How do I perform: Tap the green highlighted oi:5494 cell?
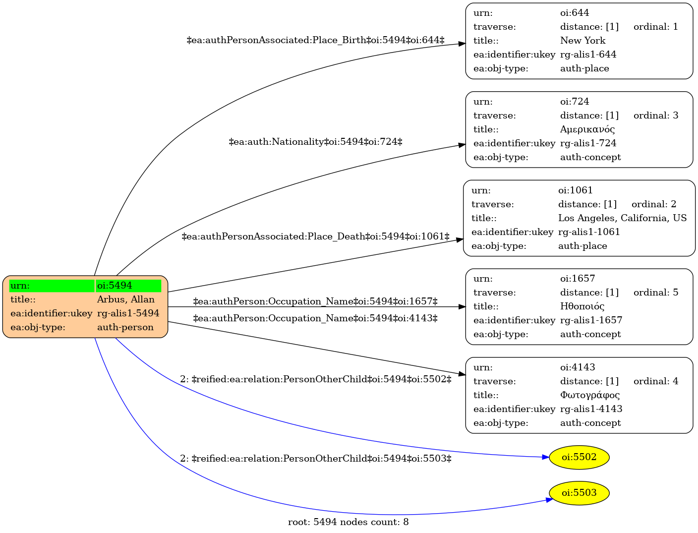point(128,286)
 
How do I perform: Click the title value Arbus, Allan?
point(125,299)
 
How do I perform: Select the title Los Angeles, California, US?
point(622,218)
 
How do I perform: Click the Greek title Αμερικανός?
point(587,129)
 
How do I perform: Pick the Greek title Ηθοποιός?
point(582,306)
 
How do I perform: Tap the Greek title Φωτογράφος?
point(589,395)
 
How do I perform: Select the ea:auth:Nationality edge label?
point(315,141)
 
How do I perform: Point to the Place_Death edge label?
point(315,237)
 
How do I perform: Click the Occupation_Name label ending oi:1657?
point(315,301)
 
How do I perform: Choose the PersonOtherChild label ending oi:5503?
point(315,458)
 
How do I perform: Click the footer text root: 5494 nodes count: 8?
point(348,522)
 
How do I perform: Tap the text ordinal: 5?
point(655,292)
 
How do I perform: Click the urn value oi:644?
point(574,13)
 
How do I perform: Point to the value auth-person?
point(125,327)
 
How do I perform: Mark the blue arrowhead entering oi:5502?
point(546,457)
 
